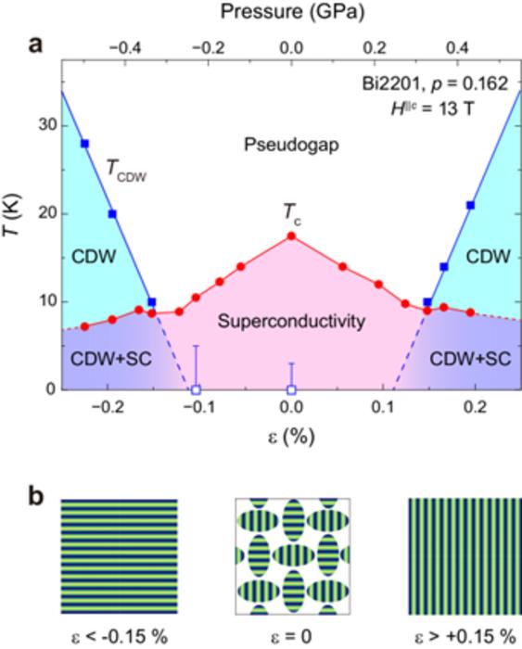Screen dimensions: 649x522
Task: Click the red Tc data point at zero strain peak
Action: (291, 235)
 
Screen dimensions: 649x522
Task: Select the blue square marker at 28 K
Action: (84, 144)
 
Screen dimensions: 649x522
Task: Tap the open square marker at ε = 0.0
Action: (291, 390)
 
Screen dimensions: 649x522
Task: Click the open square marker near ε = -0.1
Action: (196, 390)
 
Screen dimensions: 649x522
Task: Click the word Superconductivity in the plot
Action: (289, 322)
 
